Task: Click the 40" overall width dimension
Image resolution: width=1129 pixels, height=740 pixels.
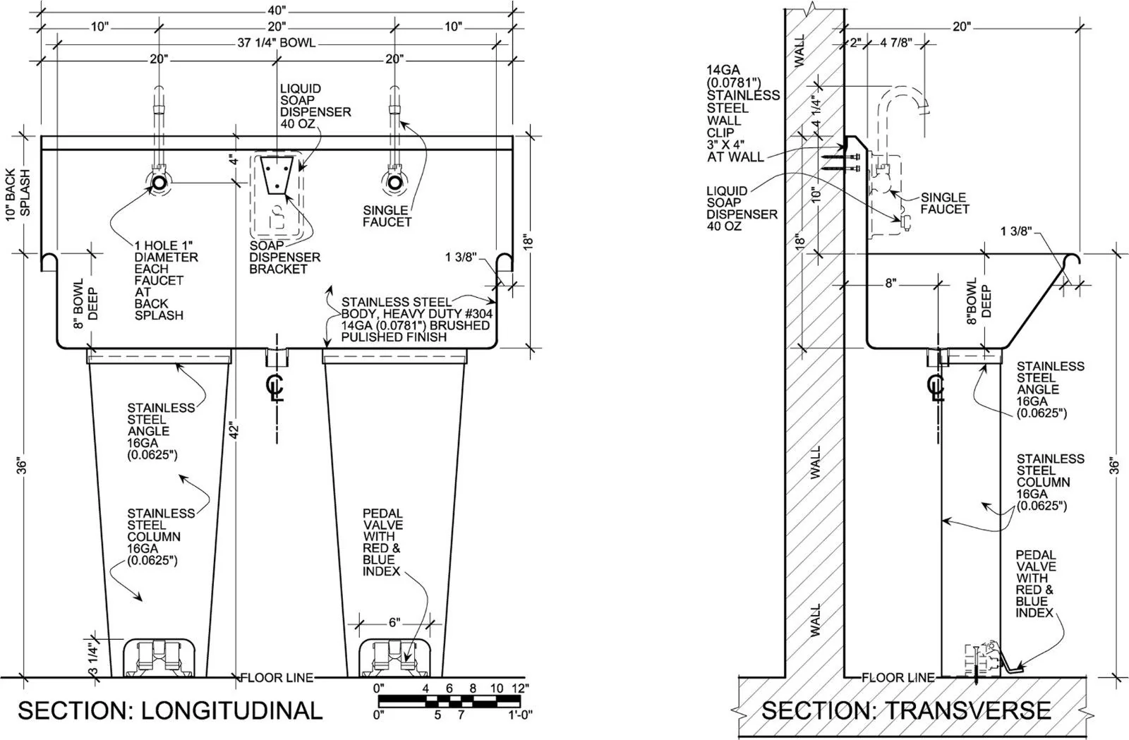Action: point(277,11)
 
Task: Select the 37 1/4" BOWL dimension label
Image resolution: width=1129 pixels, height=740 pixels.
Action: point(277,43)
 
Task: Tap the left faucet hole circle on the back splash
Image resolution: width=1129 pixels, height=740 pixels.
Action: point(159,183)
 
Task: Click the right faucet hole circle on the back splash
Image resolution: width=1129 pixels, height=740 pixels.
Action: point(394,183)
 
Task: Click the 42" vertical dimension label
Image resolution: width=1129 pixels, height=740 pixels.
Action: point(234,431)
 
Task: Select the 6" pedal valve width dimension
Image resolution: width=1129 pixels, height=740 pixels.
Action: point(394,623)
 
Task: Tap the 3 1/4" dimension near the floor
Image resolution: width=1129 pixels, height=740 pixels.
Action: point(93,658)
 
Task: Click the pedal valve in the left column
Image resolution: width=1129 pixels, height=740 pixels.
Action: point(158,658)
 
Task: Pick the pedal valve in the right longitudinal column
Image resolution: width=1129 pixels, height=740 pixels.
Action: point(394,658)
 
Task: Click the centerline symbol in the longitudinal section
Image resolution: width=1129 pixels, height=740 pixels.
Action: point(275,387)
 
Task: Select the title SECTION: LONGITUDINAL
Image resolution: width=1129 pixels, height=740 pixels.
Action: point(170,710)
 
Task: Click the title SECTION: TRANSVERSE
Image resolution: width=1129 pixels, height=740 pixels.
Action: point(906,710)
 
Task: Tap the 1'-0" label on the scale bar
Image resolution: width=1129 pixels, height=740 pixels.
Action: point(519,715)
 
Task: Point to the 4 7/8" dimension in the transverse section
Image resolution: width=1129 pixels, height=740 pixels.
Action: point(895,43)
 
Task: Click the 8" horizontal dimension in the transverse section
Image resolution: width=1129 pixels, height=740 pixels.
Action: point(890,283)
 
